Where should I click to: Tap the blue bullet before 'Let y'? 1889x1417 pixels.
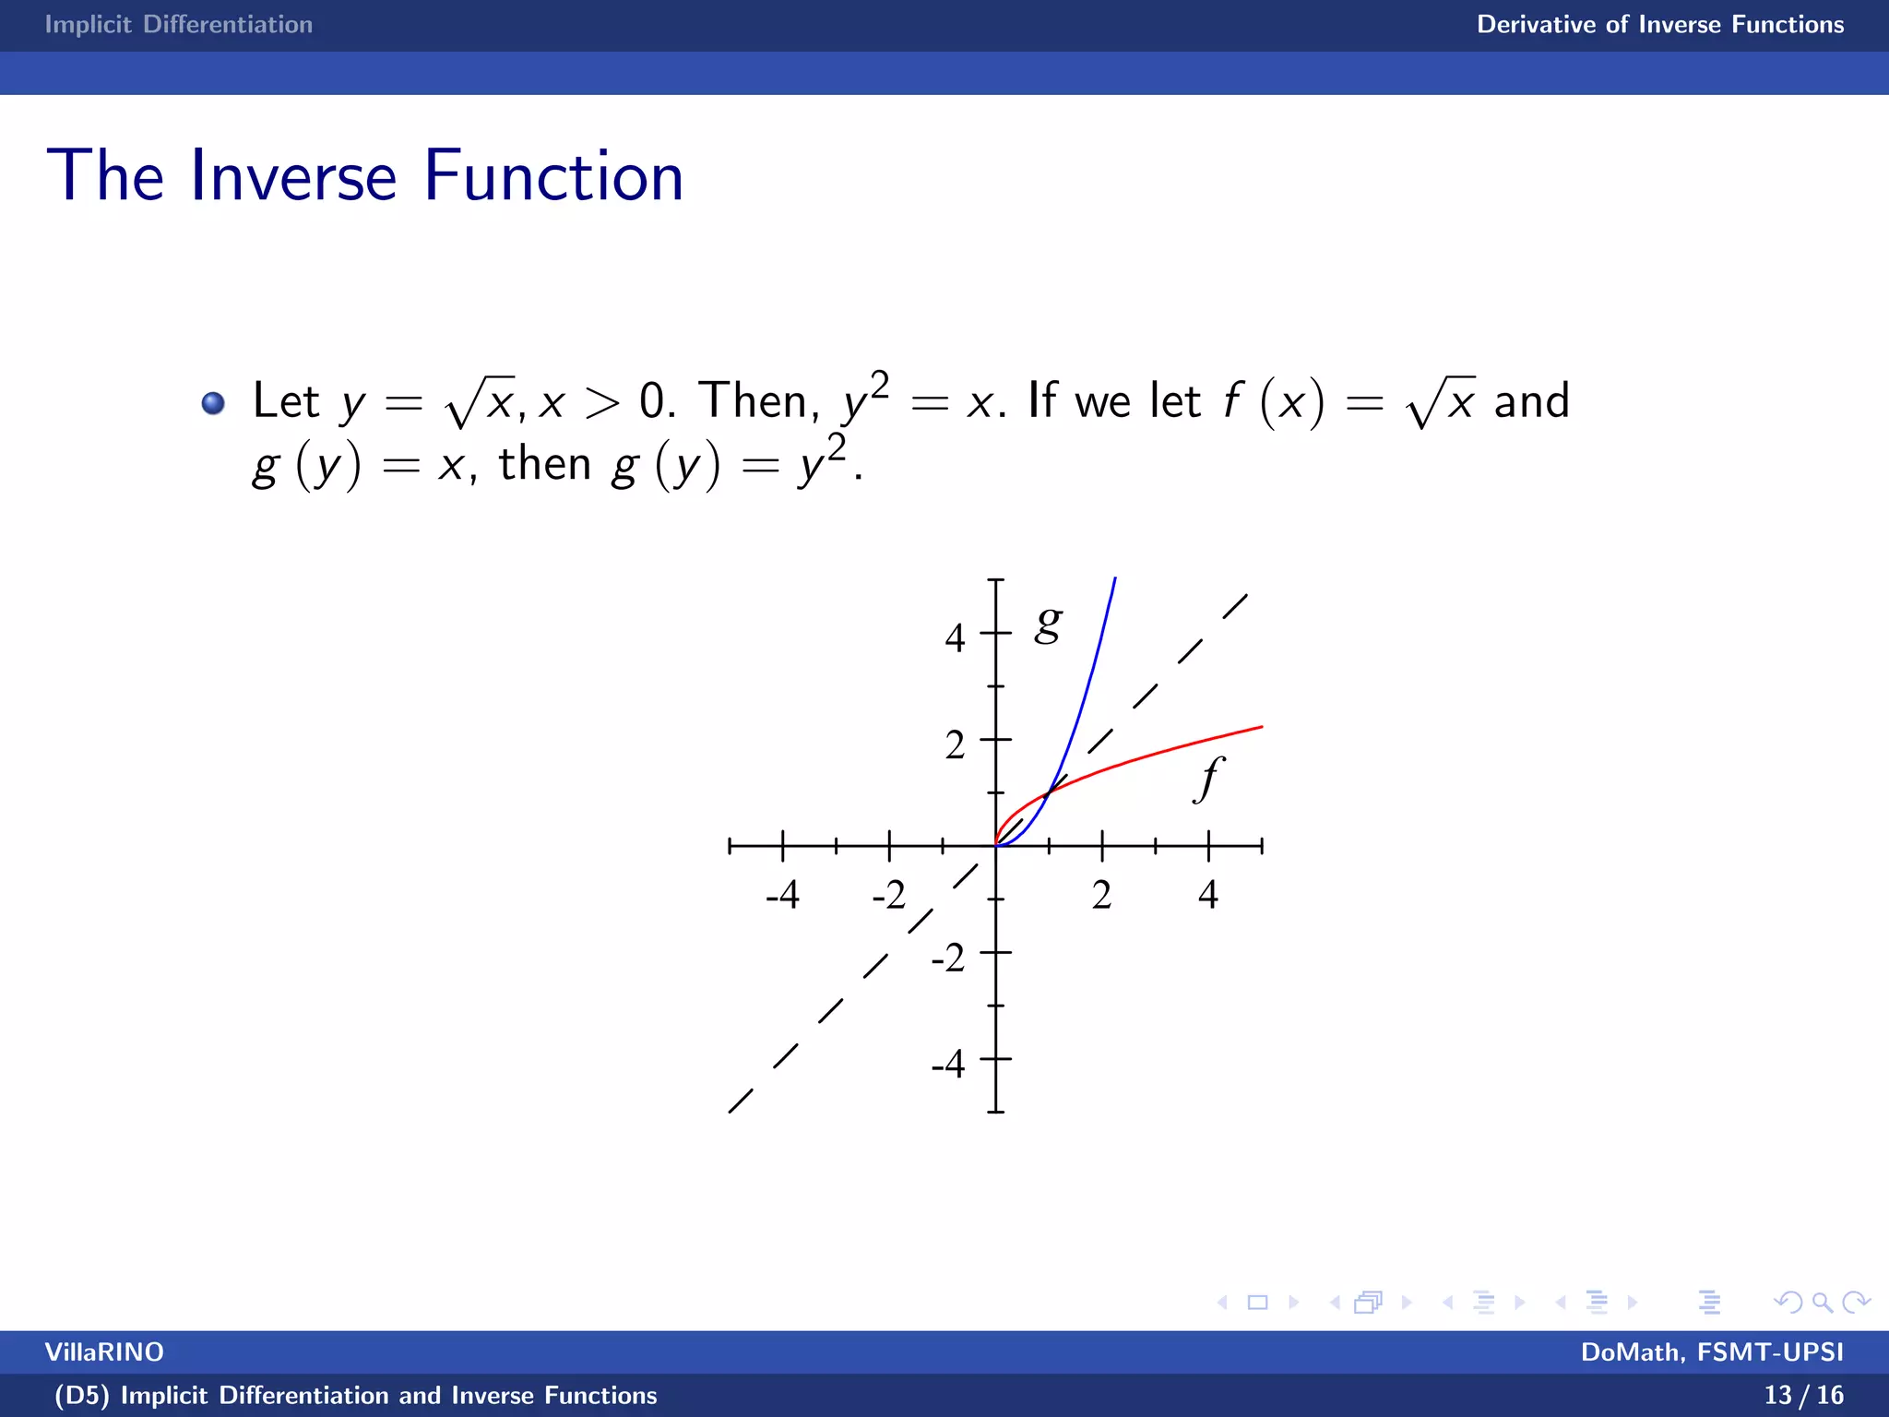click(x=213, y=403)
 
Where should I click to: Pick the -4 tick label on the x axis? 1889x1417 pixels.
click(x=782, y=895)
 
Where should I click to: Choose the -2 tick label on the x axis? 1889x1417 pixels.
click(x=889, y=895)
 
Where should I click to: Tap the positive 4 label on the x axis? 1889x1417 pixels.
click(x=1208, y=895)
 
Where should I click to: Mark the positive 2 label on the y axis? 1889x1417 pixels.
click(x=955, y=744)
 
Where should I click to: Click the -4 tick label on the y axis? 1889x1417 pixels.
click(x=948, y=1064)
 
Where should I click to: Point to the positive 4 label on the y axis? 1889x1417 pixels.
click(x=955, y=637)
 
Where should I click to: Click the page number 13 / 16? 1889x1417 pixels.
click(x=1803, y=1395)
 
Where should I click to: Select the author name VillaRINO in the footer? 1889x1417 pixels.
click(x=104, y=1352)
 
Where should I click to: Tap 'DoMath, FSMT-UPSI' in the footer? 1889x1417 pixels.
click(x=1712, y=1352)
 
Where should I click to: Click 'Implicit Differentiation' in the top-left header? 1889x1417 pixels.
click(x=179, y=24)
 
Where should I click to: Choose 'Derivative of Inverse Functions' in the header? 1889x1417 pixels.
click(x=1660, y=24)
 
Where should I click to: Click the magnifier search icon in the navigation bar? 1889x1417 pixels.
click(x=1822, y=1303)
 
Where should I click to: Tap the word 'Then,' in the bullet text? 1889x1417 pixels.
click(x=758, y=401)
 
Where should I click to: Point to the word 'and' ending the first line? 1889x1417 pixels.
click(x=1531, y=401)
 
